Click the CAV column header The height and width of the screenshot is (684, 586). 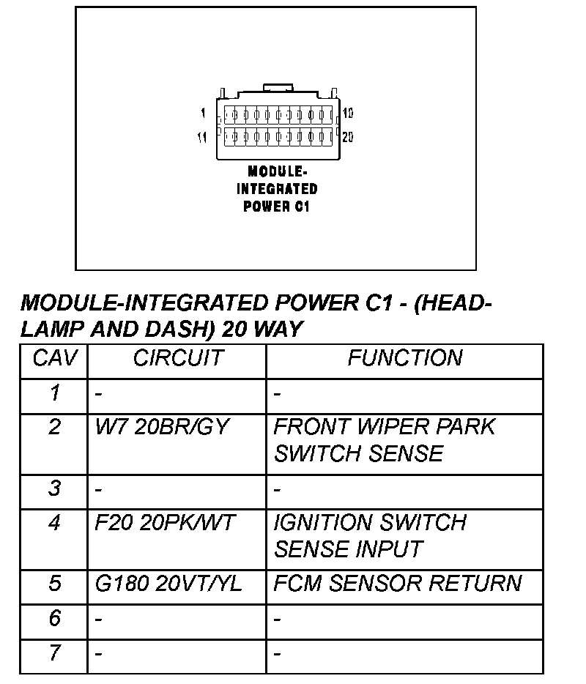pos(53,358)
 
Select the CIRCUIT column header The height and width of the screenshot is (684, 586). pos(178,358)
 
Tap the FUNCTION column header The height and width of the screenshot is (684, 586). pos(404,358)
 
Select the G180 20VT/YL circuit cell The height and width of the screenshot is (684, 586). pos(168,584)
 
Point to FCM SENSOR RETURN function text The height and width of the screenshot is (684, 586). pos(398,584)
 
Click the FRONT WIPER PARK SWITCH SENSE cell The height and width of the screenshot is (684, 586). pos(385,440)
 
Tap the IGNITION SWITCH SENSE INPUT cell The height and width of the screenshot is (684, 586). pos(370,536)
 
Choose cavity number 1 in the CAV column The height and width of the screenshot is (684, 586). pos(54,394)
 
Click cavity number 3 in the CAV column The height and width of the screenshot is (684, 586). pos(54,488)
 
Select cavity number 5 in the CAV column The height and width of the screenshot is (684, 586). pos(54,584)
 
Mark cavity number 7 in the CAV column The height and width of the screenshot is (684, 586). pos(54,653)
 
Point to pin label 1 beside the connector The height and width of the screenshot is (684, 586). pos(202,114)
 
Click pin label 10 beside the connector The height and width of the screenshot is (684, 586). pos(348,114)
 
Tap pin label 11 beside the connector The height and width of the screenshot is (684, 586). pos(202,137)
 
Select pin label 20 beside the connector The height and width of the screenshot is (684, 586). pos(348,137)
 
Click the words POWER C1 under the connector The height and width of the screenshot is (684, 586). pos(277,207)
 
